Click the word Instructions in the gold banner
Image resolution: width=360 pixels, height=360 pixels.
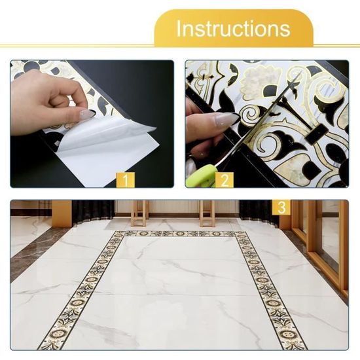pos(233,28)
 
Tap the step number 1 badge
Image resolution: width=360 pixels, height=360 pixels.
pos(126,180)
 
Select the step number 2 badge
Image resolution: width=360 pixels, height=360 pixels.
pos(225,180)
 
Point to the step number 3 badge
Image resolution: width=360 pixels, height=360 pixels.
pos(281,207)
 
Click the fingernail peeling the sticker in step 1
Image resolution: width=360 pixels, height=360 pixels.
pos(86,114)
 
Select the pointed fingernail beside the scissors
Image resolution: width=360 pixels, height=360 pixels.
pos(226,119)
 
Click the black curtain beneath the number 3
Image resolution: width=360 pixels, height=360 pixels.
pos(259,212)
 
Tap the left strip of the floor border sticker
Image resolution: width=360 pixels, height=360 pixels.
pos(82,291)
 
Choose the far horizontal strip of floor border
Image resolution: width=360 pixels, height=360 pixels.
pos(180,234)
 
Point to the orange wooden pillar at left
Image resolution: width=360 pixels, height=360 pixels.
pos(62,213)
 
